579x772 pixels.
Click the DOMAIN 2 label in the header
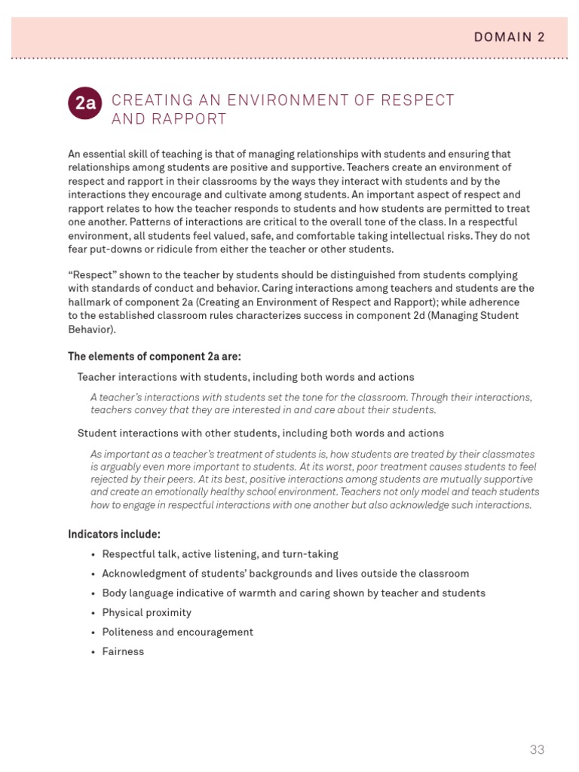(509, 37)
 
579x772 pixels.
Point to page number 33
(536, 749)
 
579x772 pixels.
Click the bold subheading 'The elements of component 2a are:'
(155, 357)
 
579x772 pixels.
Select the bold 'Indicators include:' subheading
(114, 535)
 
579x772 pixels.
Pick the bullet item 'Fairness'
(123, 651)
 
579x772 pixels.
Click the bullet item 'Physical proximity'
(146, 612)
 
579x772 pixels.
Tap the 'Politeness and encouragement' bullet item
(177, 632)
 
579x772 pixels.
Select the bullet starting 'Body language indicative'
(293, 593)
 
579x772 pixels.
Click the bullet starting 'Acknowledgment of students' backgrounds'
(285, 574)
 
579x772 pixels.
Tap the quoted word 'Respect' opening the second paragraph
(93, 275)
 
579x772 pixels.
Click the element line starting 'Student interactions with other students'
(260, 433)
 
